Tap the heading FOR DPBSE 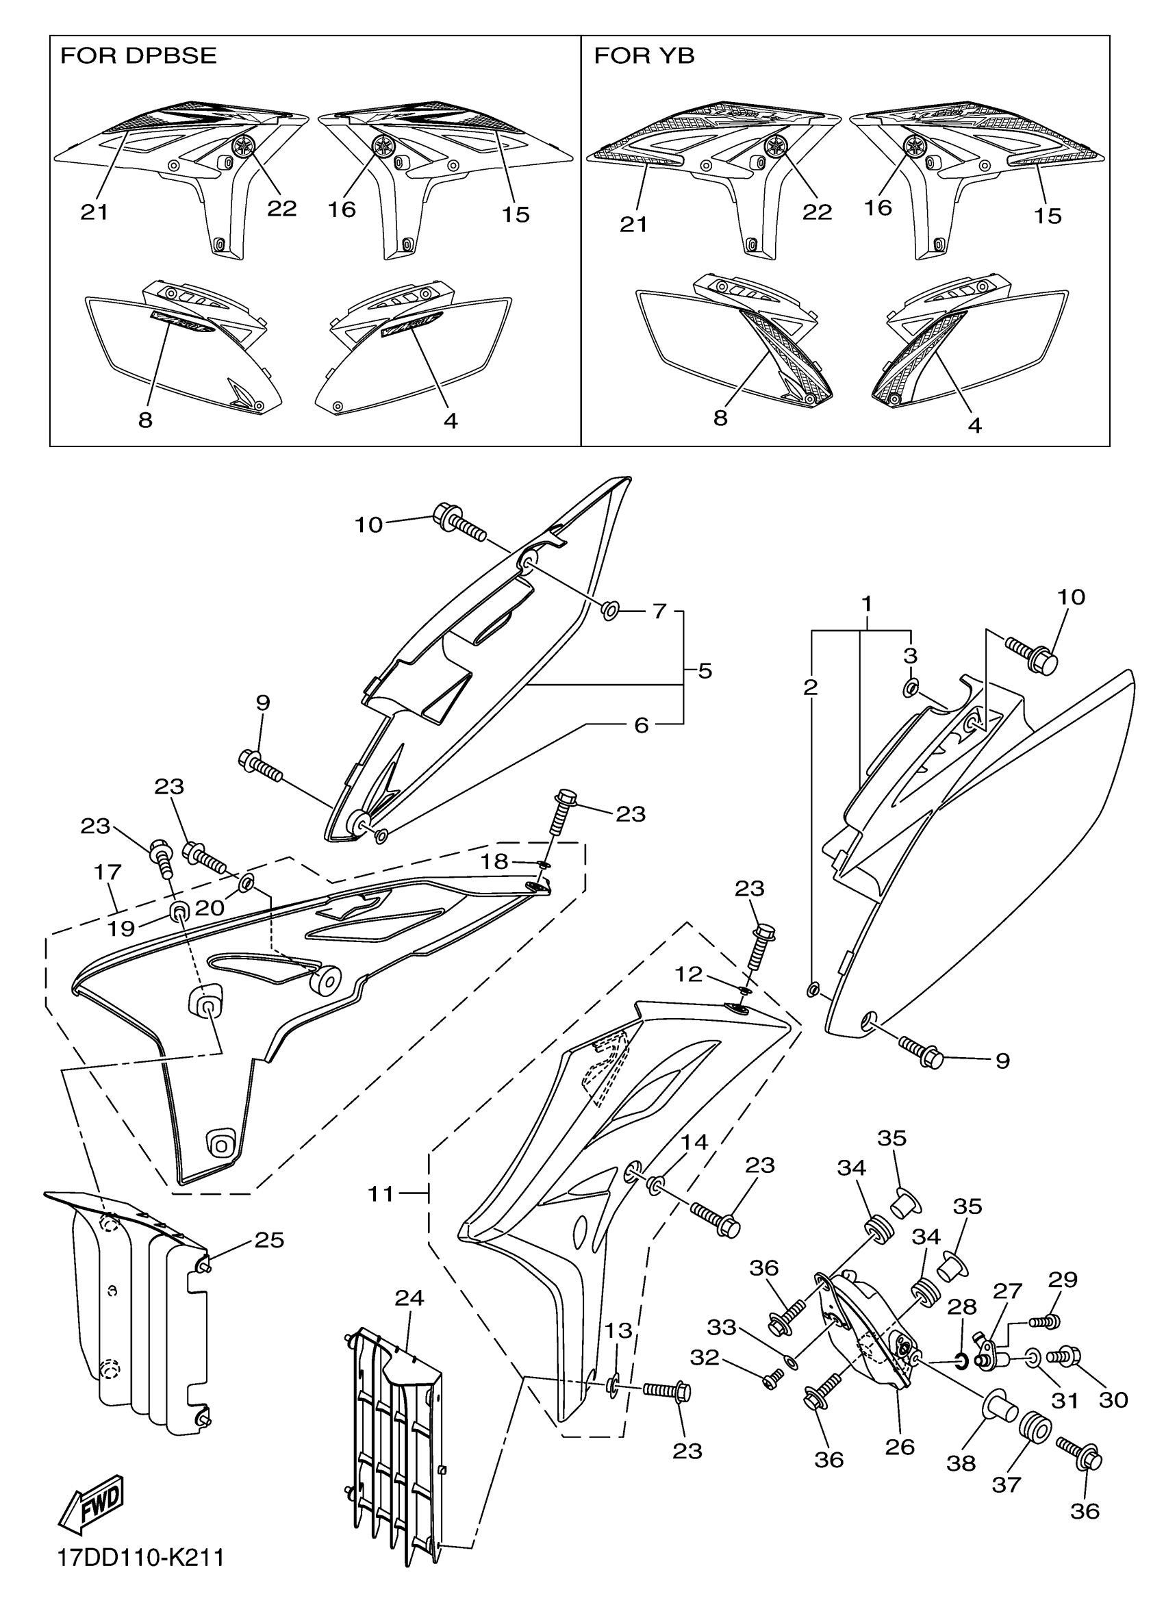coord(138,56)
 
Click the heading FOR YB coord(644,56)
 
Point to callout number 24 coord(409,1298)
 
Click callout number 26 coord(900,1446)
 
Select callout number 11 coord(381,1194)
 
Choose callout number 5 coord(705,670)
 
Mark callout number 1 coord(865,605)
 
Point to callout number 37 coord(1006,1484)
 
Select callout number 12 coord(688,974)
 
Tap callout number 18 coord(494,861)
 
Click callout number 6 coord(641,725)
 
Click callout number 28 coord(961,1306)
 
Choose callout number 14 coord(695,1141)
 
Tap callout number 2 coord(811,687)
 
